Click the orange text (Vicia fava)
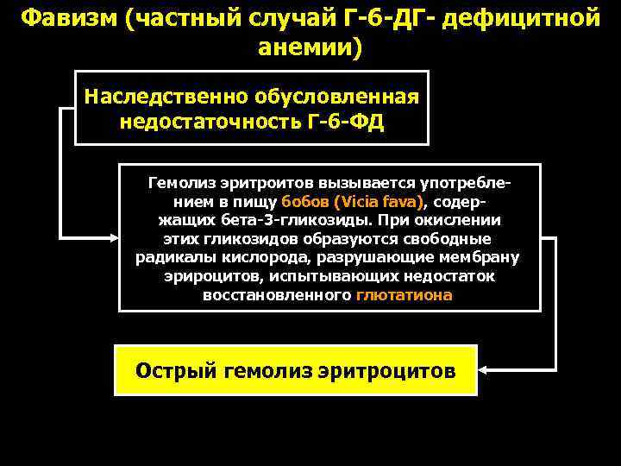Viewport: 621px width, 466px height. pyautogui.click(x=380, y=202)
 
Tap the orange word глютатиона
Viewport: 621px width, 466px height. pyautogui.click(x=403, y=294)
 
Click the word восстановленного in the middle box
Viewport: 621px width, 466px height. pyautogui.click(x=276, y=294)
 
